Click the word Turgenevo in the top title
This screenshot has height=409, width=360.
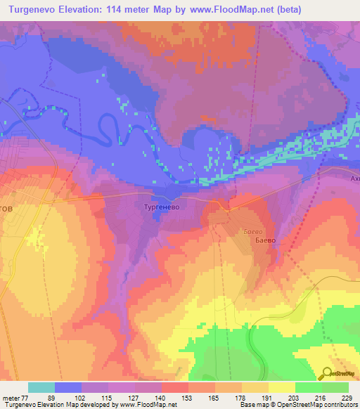click(35, 9)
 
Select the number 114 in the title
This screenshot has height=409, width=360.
click(131, 9)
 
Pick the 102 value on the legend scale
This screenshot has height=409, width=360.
click(81, 398)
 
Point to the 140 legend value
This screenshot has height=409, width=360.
click(161, 398)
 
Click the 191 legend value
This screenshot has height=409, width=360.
click(269, 398)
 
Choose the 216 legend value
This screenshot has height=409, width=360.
click(322, 398)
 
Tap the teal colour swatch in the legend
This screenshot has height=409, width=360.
click(41, 387)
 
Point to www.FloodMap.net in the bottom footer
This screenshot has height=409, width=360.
click(146, 405)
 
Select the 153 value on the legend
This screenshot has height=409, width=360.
click(188, 398)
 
